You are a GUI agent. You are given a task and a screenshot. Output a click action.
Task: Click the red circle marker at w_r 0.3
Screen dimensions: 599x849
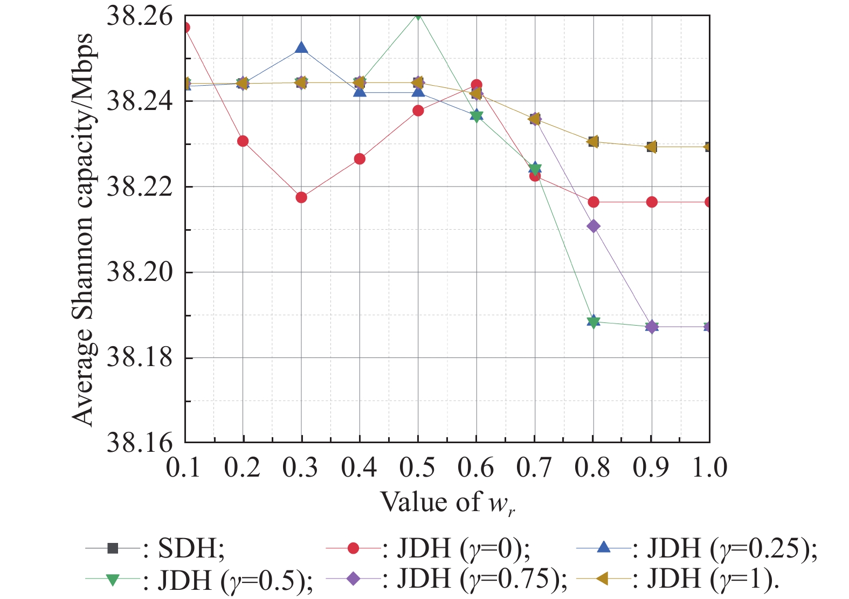tap(301, 197)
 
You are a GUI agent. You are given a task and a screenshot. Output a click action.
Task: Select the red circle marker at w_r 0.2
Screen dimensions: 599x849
tap(243, 141)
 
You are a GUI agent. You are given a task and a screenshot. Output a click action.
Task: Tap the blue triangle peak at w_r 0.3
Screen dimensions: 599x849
tap(301, 48)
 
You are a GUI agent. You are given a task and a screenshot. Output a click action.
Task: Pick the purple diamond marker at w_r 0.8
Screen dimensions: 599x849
tap(593, 226)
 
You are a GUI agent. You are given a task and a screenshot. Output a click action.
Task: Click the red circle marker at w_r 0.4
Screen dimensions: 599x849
tap(360, 159)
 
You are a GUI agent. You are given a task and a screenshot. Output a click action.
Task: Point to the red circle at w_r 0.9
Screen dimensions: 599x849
tap(652, 202)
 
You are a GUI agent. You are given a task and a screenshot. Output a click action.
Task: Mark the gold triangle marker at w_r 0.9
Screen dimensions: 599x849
tap(651, 147)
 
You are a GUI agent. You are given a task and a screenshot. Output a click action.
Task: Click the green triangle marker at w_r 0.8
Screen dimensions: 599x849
tap(593, 322)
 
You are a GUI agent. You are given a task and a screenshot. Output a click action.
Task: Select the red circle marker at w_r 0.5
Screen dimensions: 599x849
tap(418, 111)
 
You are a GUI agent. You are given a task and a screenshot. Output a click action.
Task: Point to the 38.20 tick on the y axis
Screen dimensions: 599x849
tap(140, 272)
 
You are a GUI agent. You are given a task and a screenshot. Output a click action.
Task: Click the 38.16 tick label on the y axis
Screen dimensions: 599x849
tap(140, 443)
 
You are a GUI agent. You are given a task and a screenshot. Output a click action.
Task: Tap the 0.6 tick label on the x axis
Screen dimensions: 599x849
tap(475, 467)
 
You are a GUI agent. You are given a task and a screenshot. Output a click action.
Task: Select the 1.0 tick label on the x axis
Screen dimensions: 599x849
tap(709, 467)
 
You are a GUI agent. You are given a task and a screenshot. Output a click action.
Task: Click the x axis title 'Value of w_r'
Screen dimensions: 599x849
tap(448, 503)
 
